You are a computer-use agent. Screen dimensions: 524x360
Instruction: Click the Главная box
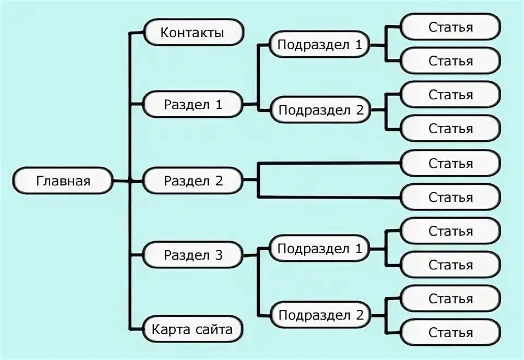tap(63, 181)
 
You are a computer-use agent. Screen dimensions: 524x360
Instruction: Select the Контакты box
tap(193, 33)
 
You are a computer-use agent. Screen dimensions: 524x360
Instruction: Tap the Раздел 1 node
tap(193, 105)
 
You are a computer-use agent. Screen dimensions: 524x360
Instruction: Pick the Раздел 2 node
tap(193, 181)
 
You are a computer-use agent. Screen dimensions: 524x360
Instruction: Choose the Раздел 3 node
tap(193, 255)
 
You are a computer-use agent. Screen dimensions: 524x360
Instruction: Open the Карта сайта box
tap(193, 329)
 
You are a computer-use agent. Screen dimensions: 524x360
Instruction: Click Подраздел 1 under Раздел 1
tap(319, 45)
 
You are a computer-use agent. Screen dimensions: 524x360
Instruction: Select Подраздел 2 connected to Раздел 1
tap(320, 110)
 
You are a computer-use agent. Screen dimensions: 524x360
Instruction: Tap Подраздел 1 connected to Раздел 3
tap(319, 249)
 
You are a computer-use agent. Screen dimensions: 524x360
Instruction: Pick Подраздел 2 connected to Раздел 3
tap(320, 315)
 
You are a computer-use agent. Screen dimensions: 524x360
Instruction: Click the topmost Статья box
tap(450, 27)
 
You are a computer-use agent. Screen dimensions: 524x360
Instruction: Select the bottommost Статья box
tap(450, 332)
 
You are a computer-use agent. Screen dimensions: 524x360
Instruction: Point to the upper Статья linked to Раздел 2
tap(450, 163)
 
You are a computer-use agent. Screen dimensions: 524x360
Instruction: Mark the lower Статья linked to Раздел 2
tap(450, 197)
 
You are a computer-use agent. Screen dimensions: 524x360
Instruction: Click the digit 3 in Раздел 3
tap(218, 255)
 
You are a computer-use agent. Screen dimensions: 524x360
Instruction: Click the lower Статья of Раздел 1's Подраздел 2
tap(450, 129)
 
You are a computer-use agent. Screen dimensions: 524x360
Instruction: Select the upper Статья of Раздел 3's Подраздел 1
tap(450, 231)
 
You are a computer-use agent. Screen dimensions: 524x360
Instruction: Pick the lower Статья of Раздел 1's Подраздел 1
tap(450, 61)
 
